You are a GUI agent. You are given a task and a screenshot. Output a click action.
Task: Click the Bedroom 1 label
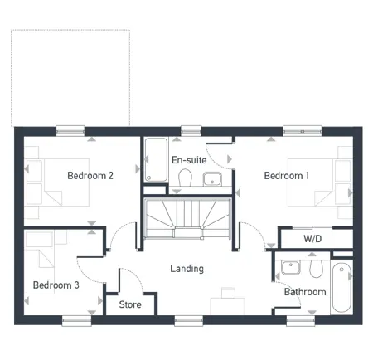(287, 176)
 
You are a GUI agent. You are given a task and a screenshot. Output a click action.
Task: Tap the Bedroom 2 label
(90, 176)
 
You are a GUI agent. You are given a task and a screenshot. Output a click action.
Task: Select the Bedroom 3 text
(56, 285)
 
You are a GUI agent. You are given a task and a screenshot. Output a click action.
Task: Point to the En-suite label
(188, 159)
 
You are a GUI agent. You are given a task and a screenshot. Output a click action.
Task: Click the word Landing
(186, 269)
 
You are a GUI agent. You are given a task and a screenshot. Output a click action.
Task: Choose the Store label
(130, 304)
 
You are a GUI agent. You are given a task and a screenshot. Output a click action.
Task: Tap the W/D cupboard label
(312, 239)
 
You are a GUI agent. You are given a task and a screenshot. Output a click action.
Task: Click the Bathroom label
(304, 292)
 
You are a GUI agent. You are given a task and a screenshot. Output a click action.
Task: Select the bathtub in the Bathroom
(341, 289)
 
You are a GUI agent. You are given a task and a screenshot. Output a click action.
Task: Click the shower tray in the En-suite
(155, 160)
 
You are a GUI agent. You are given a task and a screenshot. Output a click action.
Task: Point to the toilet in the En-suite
(186, 177)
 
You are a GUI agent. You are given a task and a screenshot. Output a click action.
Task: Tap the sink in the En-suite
(212, 178)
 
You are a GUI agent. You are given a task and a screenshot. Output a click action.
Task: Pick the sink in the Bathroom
(289, 268)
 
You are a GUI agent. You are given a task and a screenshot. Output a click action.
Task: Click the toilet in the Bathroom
(313, 269)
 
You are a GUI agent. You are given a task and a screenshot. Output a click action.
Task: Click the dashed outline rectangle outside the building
(70, 76)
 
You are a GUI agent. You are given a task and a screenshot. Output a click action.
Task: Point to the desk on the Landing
(228, 304)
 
